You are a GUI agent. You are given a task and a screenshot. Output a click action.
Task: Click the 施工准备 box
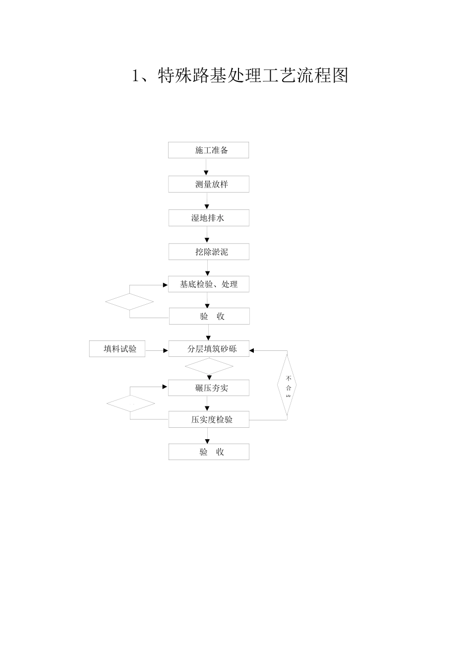point(208,150)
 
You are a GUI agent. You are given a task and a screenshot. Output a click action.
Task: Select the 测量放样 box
point(208,184)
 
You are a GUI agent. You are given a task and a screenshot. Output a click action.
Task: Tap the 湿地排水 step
point(208,218)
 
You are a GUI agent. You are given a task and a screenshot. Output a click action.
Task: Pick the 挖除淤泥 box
point(208,252)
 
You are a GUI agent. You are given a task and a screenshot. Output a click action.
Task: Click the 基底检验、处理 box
point(208,284)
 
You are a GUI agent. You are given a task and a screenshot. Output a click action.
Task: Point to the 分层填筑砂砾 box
point(208,349)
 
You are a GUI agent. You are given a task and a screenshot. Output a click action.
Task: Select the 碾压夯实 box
point(208,388)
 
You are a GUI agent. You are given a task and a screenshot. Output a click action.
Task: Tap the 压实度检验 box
point(208,419)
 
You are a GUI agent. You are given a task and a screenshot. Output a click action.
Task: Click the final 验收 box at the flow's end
point(208,452)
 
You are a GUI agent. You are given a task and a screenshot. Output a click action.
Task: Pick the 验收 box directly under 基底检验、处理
point(209,316)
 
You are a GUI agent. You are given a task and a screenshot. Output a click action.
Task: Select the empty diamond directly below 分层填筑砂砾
point(209,367)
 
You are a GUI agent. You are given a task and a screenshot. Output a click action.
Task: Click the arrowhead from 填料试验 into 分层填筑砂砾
point(166,351)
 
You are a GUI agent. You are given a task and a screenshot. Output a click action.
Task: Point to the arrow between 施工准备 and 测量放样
point(207,168)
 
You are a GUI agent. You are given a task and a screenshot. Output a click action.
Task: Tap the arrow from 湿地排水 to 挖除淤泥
point(207,235)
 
